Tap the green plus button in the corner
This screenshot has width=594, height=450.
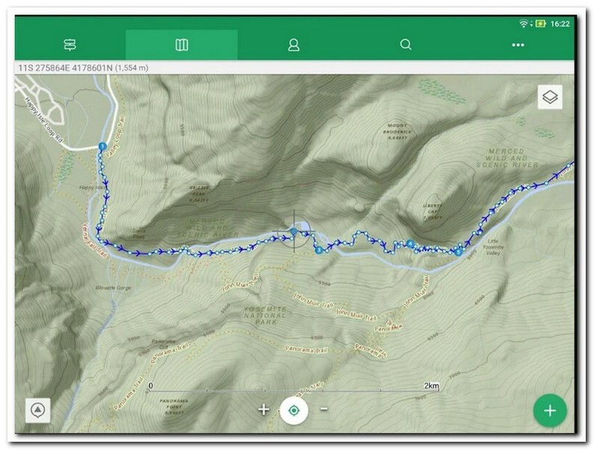coord(550,410)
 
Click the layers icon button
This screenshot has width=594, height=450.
coord(551,97)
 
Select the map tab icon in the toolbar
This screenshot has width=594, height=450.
coord(181,45)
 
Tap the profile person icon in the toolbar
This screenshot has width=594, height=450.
coord(294,45)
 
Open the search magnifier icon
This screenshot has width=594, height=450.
coord(406,45)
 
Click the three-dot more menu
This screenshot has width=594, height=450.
coord(518,45)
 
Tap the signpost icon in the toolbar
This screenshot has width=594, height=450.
coord(70,45)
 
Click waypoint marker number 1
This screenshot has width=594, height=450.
coord(102,146)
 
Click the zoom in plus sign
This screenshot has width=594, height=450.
coord(264,409)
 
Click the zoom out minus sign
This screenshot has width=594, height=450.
coord(324,409)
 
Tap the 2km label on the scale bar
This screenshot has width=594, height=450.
coord(431,385)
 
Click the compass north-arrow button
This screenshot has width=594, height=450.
coord(37,410)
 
